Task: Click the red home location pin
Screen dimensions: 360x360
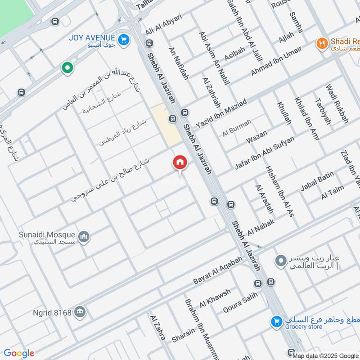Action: pyautogui.click(x=180, y=162)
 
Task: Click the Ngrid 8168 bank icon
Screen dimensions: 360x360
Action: pyautogui.click(x=80, y=312)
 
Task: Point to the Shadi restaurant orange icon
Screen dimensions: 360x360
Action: pyautogui.click(x=321, y=43)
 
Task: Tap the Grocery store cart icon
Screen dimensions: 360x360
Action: pyautogui.click(x=276, y=322)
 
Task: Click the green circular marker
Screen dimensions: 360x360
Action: pyautogui.click(x=67, y=68)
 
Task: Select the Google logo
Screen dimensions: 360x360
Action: pyautogui.click(x=19, y=353)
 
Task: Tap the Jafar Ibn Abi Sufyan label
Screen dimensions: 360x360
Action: pyautogui.click(x=265, y=153)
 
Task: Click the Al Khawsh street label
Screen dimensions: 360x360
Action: pyautogui.click(x=215, y=297)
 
